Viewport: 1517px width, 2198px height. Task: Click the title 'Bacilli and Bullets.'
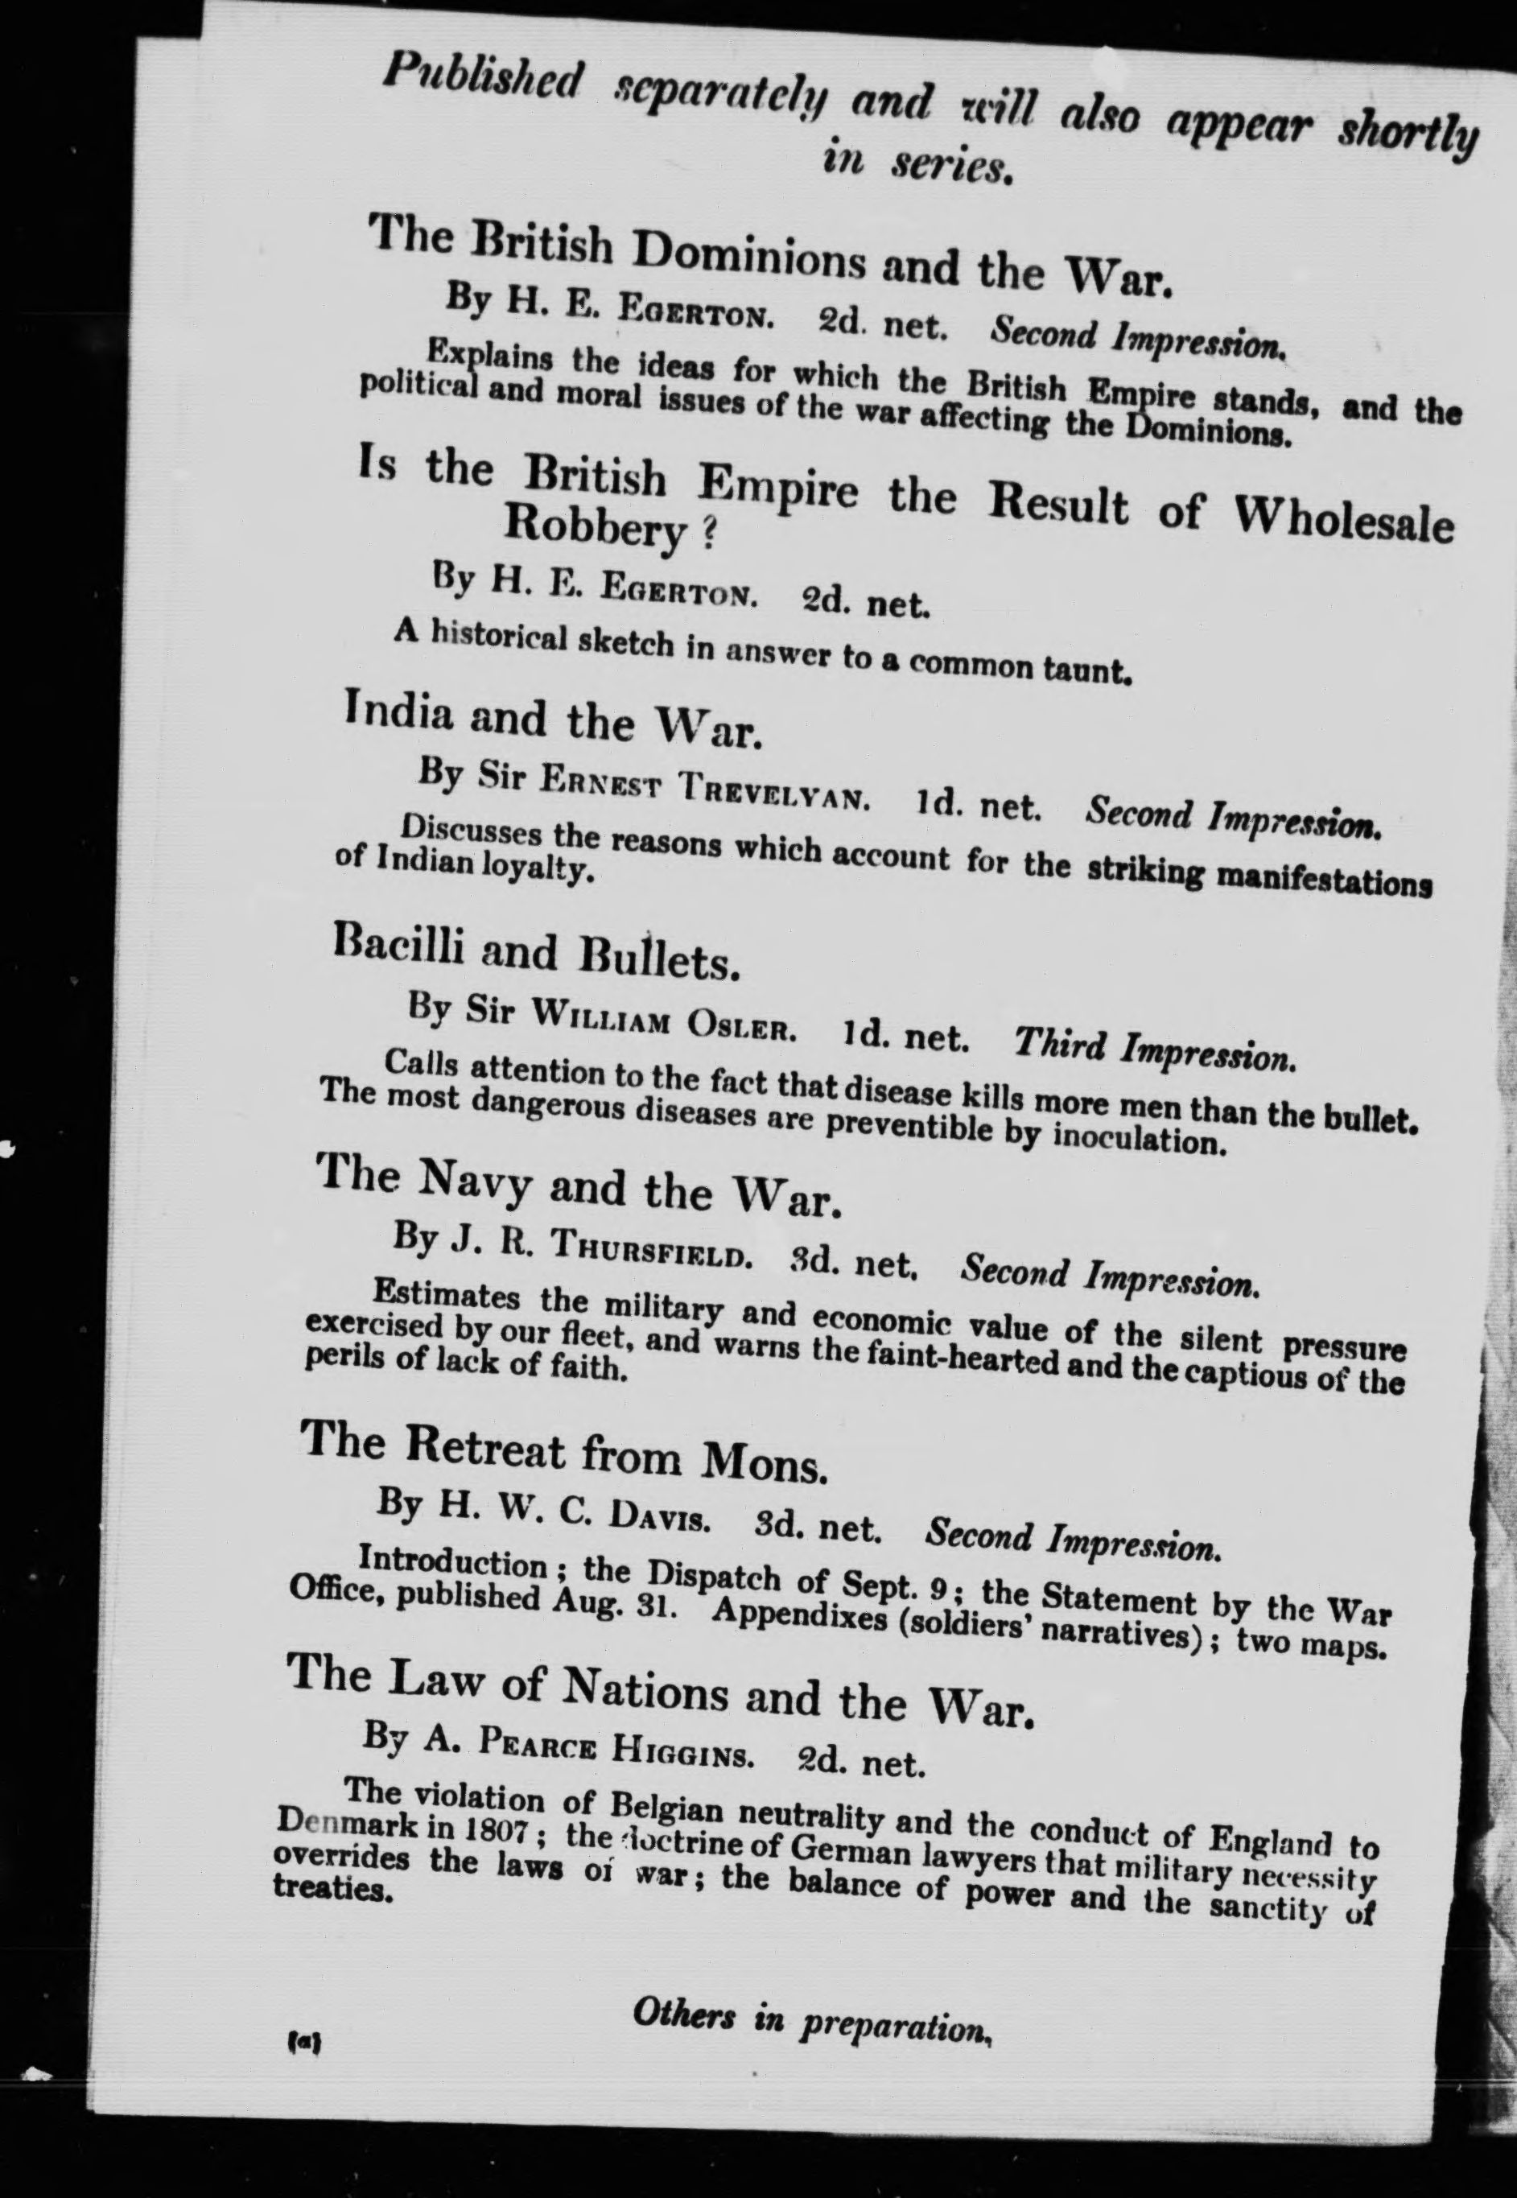(537, 954)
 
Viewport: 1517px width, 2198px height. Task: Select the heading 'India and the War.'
(552, 720)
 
